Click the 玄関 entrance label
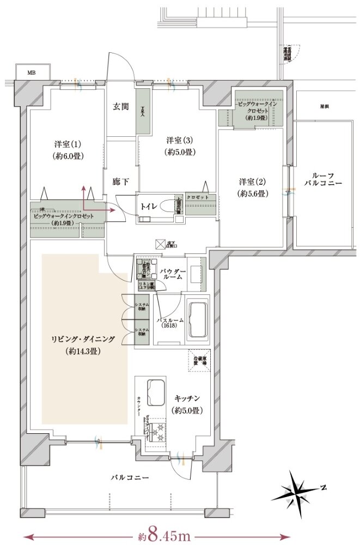121,106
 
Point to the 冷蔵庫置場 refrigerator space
199,360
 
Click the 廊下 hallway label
120,181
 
